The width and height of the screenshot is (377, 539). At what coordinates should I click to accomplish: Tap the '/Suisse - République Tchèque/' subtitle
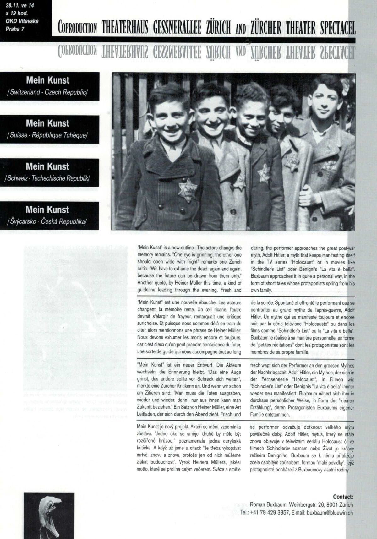click(48, 135)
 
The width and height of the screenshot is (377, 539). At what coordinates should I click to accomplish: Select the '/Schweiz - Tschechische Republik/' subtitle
click(48, 178)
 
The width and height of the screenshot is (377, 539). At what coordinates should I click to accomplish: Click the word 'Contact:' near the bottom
click(343, 497)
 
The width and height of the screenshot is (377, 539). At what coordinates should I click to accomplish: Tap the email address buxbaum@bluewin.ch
click(330, 512)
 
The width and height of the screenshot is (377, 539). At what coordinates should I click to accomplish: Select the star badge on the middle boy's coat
click(264, 173)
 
